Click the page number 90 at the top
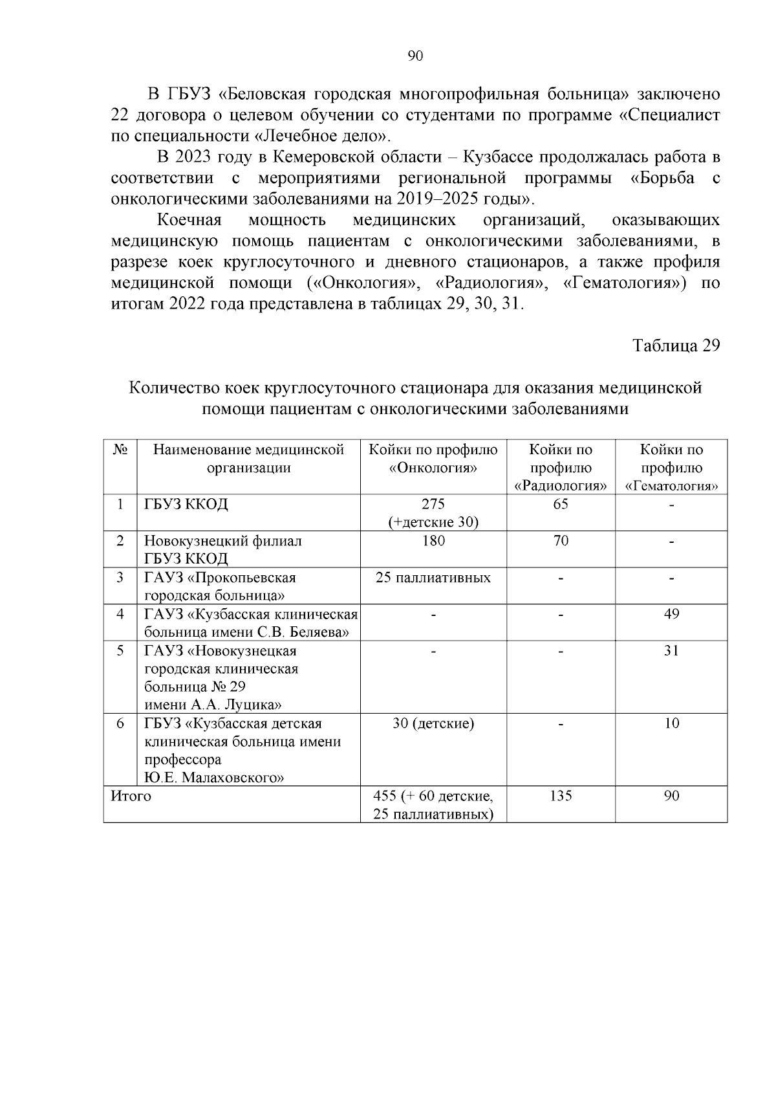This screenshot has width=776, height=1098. [415, 56]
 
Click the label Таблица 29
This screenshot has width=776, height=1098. [676, 346]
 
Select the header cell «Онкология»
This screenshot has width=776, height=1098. [433, 468]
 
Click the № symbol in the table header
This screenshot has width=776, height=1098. [120, 450]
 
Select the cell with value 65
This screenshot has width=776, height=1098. [561, 504]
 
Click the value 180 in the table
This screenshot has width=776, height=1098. [433, 541]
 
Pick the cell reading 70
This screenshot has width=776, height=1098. [561, 541]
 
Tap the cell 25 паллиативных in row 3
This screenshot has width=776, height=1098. [433, 577]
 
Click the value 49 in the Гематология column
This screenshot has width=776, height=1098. [671, 613]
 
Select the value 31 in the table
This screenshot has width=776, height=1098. [671, 650]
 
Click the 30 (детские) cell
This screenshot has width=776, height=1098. [433, 723]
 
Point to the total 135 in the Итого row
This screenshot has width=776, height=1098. [561, 796]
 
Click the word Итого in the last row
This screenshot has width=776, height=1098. [131, 796]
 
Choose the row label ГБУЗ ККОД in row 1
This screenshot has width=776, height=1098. [186, 504]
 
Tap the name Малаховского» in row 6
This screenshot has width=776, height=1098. [233, 778]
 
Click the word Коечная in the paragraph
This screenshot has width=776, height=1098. [189, 220]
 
